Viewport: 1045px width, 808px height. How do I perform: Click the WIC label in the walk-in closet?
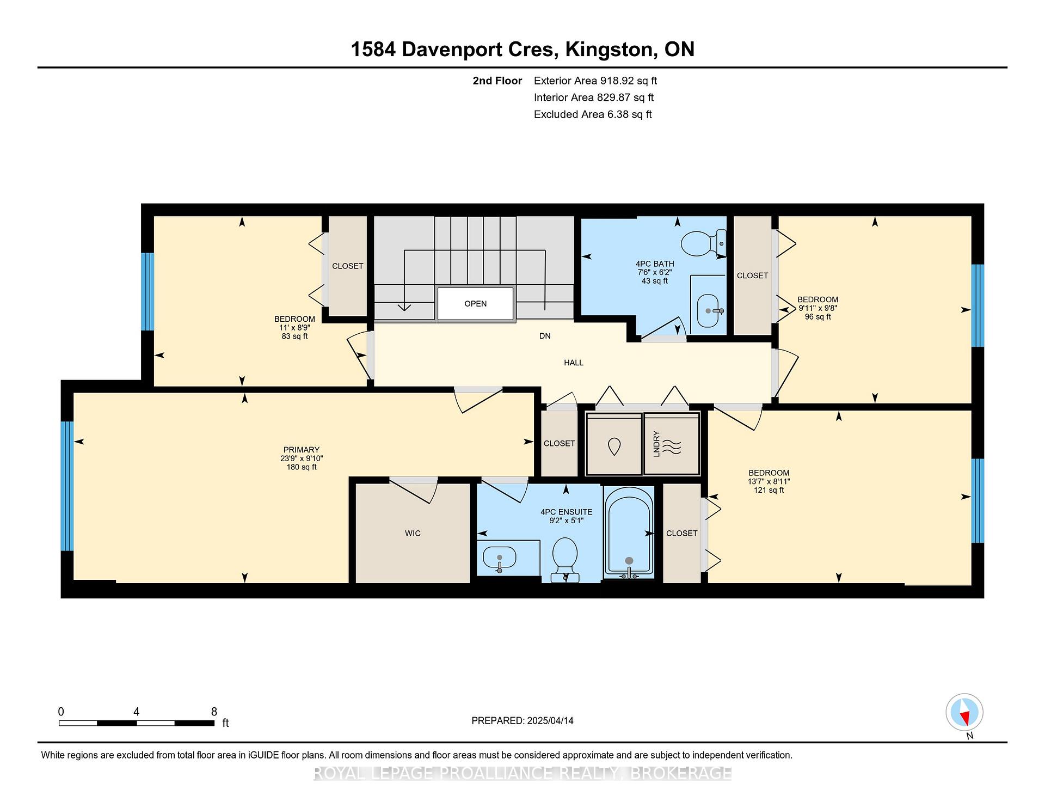point(413,534)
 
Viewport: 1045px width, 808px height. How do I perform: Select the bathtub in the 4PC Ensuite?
point(629,532)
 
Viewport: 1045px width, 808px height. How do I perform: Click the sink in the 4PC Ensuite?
point(500,558)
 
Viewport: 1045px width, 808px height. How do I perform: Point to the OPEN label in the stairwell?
point(475,304)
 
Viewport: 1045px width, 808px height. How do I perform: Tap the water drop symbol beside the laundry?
point(614,447)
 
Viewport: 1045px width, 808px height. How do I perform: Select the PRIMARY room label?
point(302,450)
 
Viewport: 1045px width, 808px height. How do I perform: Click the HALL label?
point(574,363)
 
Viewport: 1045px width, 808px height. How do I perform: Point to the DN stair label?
point(545,336)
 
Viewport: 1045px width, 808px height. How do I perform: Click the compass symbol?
point(964,712)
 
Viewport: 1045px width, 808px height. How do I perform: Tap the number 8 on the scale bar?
point(214,712)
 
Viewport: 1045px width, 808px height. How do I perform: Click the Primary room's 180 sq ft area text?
point(302,467)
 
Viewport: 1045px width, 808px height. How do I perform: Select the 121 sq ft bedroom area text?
point(769,490)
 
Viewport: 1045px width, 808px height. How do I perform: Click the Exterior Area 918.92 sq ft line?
point(595,81)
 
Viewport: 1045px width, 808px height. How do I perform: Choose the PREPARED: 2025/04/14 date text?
point(522,721)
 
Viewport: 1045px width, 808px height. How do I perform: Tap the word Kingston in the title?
point(609,50)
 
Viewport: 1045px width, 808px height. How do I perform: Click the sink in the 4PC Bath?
point(708,311)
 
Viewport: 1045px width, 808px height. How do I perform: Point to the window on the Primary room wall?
point(67,486)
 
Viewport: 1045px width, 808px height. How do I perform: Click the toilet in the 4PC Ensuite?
point(564,559)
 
